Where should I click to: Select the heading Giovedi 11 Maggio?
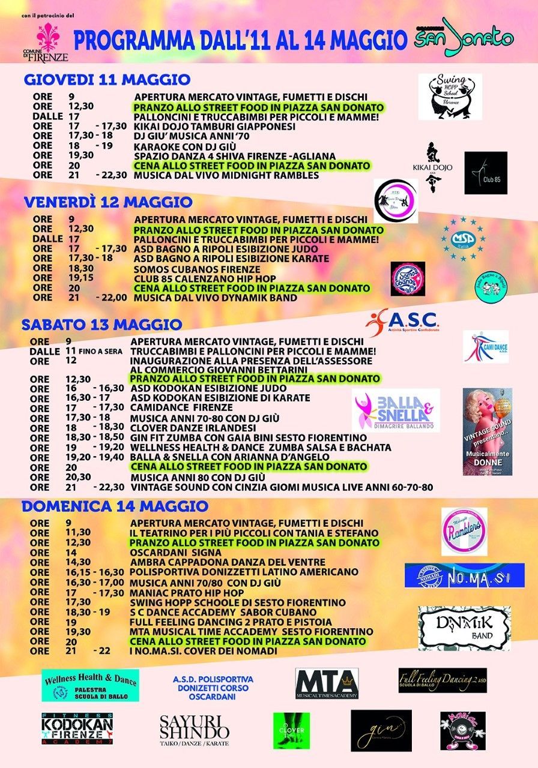tap(107, 80)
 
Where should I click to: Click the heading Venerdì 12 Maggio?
tap(108, 202)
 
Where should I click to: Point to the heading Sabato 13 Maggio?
tap(102, 325)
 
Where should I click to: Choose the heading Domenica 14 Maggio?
tap(115, 506)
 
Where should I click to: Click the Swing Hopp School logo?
tap(450, 96)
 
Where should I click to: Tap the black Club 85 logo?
tap(485, 173)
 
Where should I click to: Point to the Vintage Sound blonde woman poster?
tap(487, 431)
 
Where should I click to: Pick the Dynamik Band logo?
tap(464, 628)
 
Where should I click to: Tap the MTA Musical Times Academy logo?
tap(327, 684)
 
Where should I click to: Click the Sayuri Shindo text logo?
tap(194, 730)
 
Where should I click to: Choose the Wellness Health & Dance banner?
tap(90, 685)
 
